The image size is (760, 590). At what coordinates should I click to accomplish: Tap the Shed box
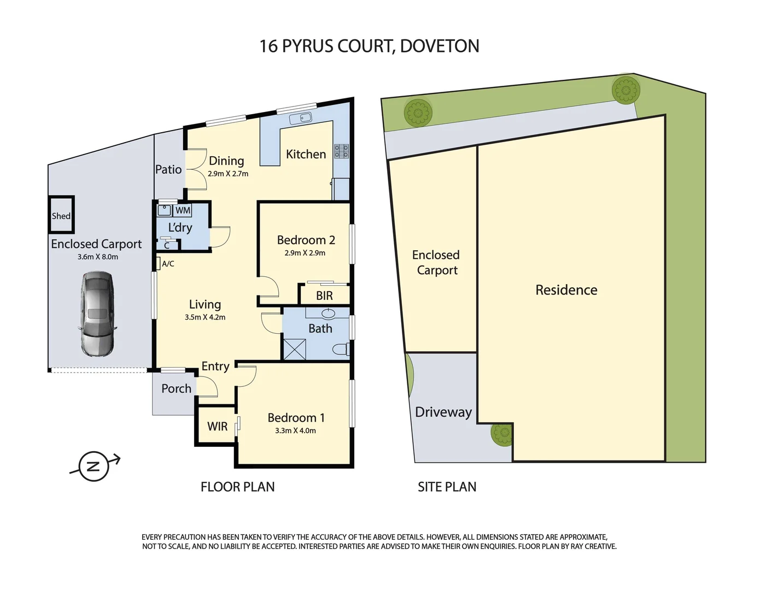(61, 215)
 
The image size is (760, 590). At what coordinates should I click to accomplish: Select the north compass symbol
(93, 466)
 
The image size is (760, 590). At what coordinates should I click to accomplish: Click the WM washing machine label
(183, 210)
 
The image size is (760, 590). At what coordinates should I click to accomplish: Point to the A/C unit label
(168, 264)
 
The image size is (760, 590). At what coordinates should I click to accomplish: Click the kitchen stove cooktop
(341, 151)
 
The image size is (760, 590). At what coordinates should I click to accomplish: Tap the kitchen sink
(301, 118)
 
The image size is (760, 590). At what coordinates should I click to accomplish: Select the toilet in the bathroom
(340, 349)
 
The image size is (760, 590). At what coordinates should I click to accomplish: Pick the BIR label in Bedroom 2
(324, 296)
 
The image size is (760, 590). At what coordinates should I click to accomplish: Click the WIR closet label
(217, 426)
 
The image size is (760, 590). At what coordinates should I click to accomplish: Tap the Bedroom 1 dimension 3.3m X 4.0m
(295, 430)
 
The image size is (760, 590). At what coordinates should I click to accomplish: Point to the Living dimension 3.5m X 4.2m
(205, 317)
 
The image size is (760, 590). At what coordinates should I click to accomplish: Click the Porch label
(176, 388)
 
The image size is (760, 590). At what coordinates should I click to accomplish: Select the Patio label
(168, 169)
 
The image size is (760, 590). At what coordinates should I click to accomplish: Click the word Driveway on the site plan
(443, 412)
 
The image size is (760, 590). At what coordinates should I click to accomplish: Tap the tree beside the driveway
(501, 434)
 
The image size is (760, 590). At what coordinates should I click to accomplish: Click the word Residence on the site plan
(566, 290)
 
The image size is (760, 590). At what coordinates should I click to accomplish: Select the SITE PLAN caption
(447, 487)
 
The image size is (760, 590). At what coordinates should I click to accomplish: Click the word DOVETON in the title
(440, 46)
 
